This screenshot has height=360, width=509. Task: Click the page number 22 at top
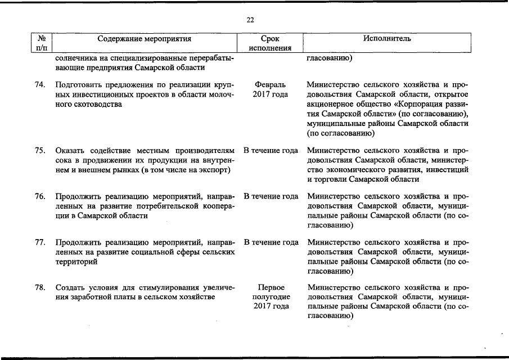[250, 20]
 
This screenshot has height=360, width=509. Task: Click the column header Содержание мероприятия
[145, 39]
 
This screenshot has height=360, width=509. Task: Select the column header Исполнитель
[386, 39]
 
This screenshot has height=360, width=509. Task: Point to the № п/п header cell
[41, 43]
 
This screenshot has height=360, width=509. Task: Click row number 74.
[40, 84]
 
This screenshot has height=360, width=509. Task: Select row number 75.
[40, 150]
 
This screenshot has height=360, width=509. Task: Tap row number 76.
[40, 196]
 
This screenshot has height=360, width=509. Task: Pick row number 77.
[40, 242]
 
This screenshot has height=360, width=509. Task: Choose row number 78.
[40, 287]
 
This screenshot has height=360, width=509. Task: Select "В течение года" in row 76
[271, 196]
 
